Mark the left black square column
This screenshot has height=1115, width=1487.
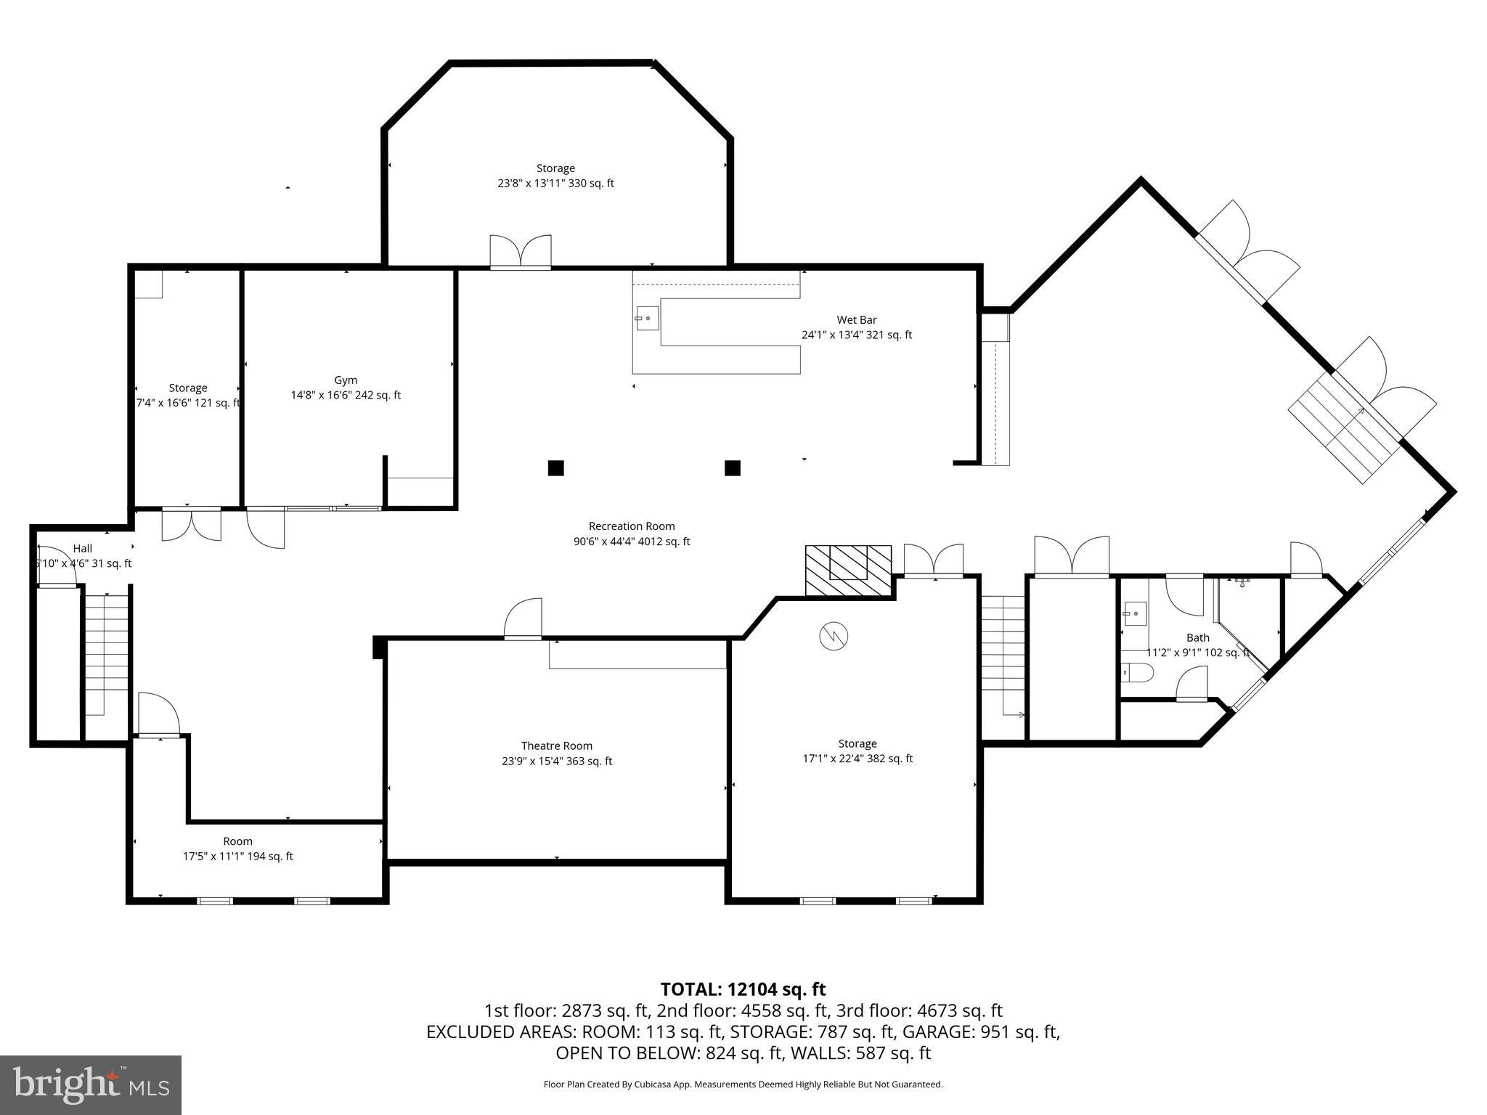point(555,468)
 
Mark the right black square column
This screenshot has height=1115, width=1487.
point(733,468)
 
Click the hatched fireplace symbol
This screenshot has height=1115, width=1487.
point(848,571)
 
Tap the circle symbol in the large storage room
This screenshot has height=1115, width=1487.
point(834,637)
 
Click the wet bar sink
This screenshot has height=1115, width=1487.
point(646,318)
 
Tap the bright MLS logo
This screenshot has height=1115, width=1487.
point(90,1085)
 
